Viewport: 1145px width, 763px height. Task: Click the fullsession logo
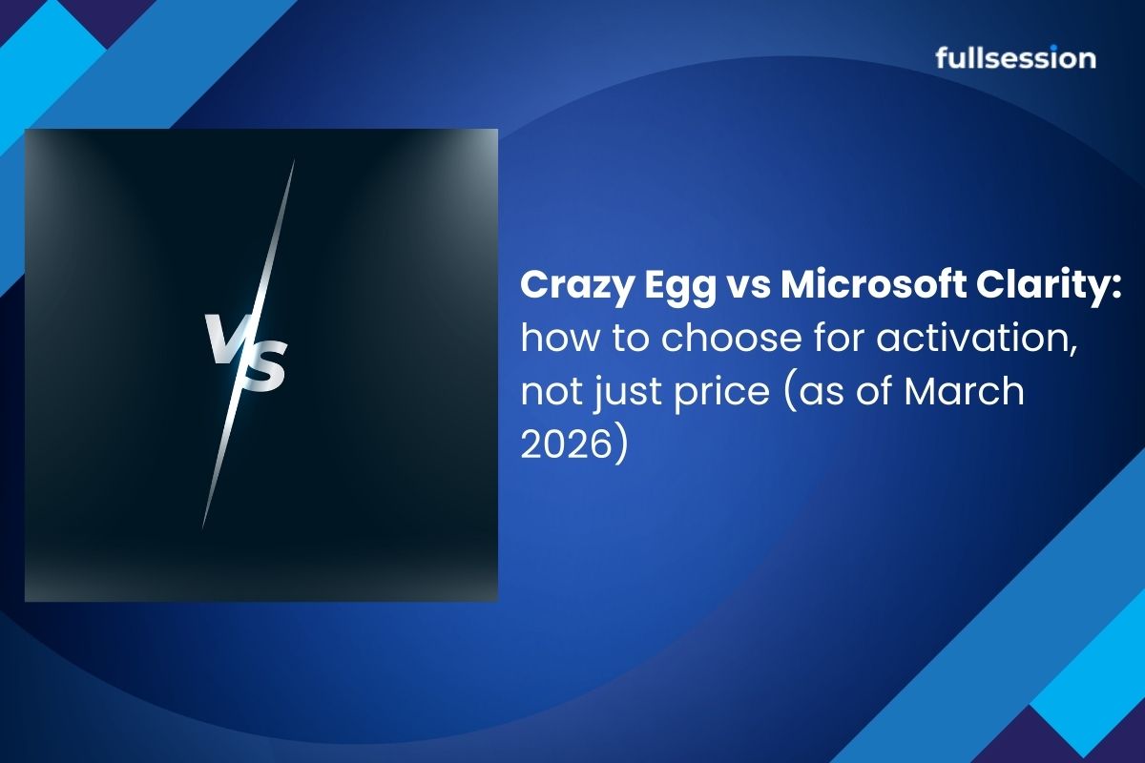coord(1015,58)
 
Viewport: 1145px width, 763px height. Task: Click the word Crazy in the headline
coord(576,287)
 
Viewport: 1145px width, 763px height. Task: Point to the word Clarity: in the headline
coord(1049,287)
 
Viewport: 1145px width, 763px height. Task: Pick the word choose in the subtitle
coord(731,338)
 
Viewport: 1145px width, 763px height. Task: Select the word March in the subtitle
coord(964,391)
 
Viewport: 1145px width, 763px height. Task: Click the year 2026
coord(567,444)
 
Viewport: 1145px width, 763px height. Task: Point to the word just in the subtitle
coord(629,394)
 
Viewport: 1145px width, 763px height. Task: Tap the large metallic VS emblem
coord(245,354)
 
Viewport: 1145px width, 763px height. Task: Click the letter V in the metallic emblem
coord(227,338)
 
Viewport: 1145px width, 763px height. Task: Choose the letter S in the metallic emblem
coord(261,366)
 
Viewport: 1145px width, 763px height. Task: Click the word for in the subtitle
coord(839,338)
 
